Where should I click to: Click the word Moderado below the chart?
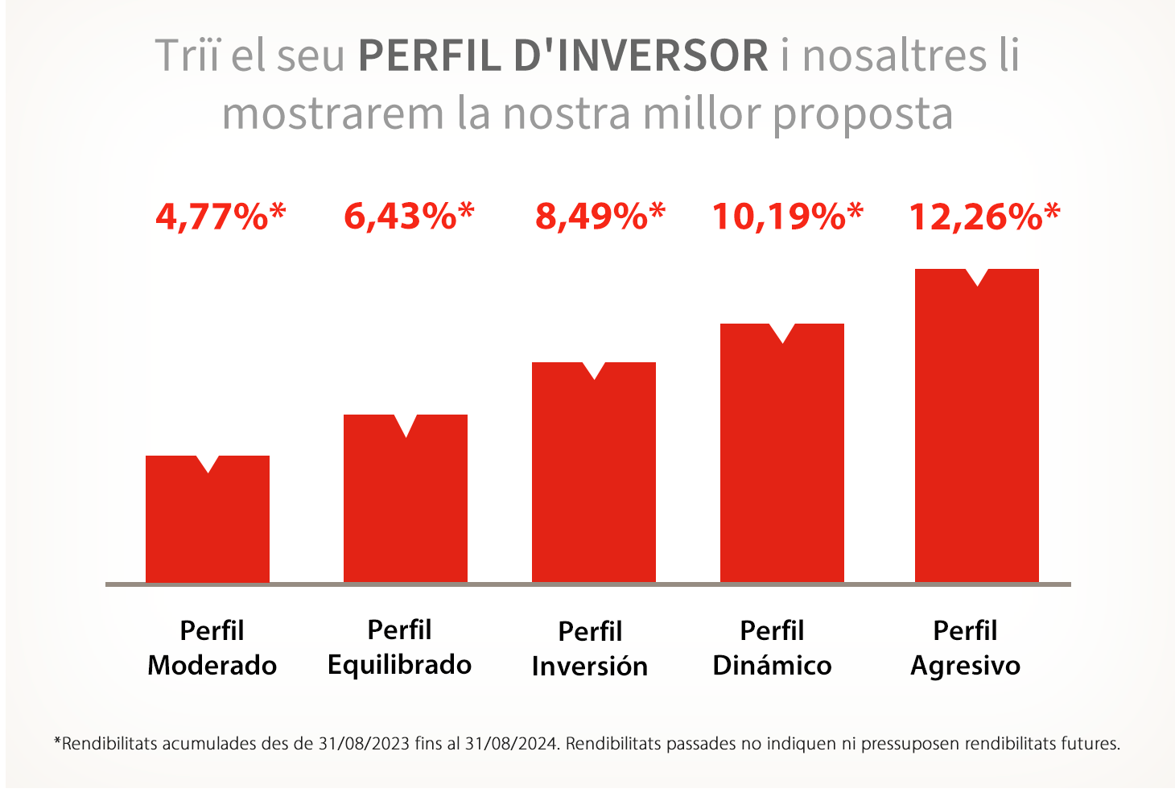point(212,666)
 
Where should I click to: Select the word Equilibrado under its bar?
point(400,665)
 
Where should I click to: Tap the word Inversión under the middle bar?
point(590,666)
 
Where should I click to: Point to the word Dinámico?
point(772,665)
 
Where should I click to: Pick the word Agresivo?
point(965,667)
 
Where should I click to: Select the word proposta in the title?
point(863,114)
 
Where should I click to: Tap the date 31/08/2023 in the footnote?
point(364,744)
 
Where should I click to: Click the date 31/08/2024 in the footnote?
point(511,744)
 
